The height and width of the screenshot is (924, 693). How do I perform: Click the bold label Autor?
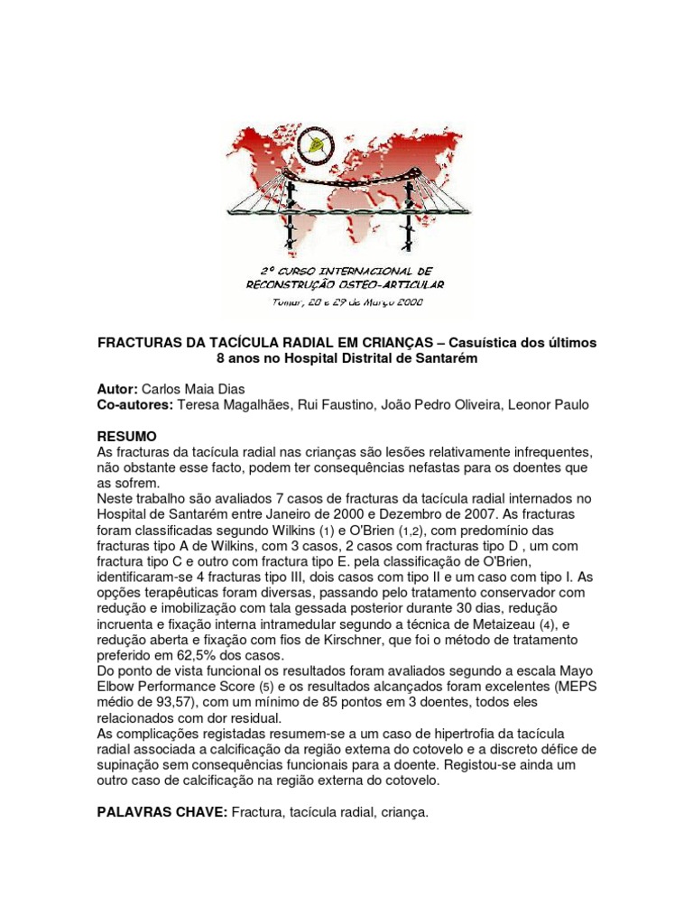pyautogui.click(x=116, y=389)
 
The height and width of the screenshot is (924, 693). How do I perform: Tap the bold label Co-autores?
pyautogui.click(x=135, y=404)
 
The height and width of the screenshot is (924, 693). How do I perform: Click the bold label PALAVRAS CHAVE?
pyautogui.click(x=162, y=811)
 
